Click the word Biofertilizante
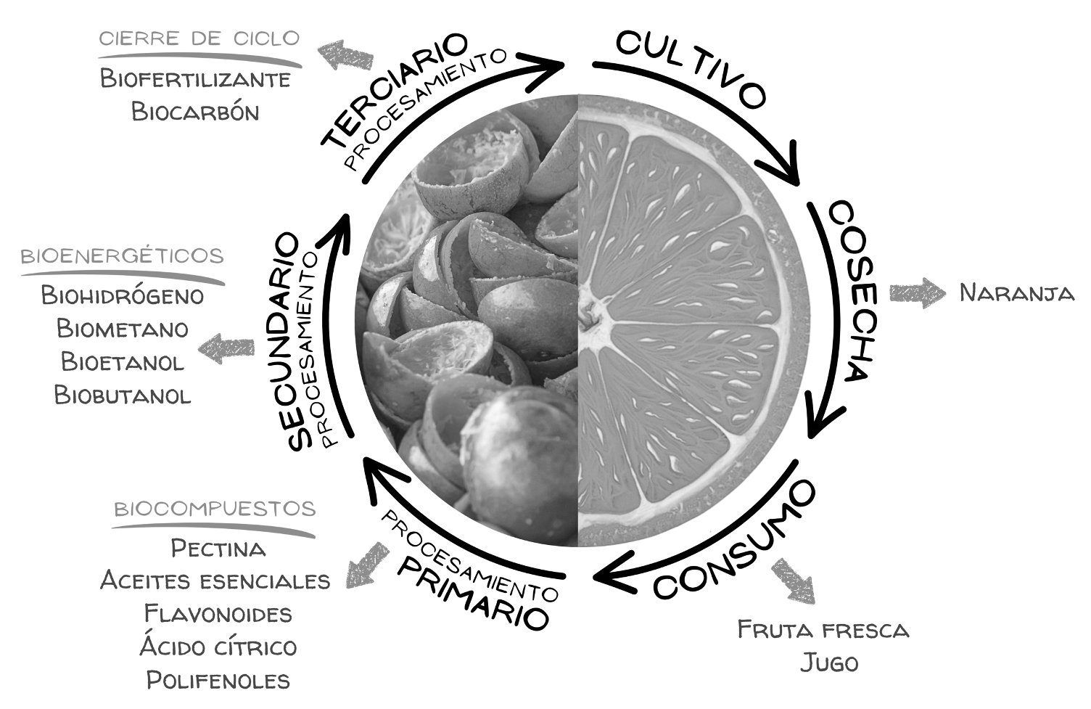click(x=195, y=78)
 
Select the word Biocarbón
click(x=195, y=112)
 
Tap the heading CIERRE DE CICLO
click(x=199, y=38)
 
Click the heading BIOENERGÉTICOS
click(x=122, y=256)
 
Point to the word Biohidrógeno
click(x=123, y=295)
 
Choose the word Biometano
click(x=123, y=329)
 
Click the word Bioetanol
click(x=123, y=361)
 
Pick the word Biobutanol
click(x=123, y=395)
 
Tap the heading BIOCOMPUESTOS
click(x=215, y=508)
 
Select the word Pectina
click(x=218, y=548)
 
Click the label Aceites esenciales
click(x=215, y=581)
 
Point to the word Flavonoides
click(x=218, y=614)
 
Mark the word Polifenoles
click(x=218, y=680)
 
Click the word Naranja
click(x=1016, y=293)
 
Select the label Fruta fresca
click(x=823, y=629)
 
